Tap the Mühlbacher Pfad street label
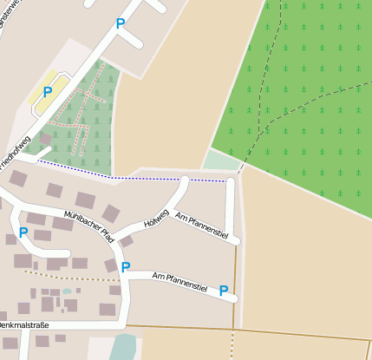coord(88,224)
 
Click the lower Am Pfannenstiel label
coord(179,281)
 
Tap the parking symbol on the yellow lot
coord(48,91)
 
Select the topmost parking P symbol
coord(121,24)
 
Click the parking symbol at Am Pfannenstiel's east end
coord(224,291)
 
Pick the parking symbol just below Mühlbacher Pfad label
coord(125,267)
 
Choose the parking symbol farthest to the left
coord(23,232)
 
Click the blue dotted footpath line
coord(130,178)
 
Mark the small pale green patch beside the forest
coord(222,160)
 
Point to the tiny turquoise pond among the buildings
coord(67,292)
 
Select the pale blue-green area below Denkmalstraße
coord(123,346)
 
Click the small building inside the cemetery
coord(45,138)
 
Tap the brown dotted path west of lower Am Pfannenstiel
coord(69,278)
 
